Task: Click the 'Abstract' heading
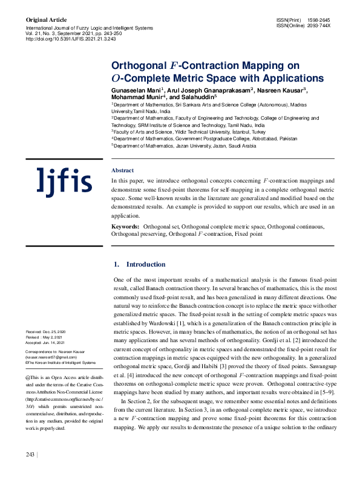click(x=123, y=170)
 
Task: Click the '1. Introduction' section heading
click(x=139, y=264)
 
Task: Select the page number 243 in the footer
click(x=30, y=471)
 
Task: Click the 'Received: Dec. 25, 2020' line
click(x=47, y=332)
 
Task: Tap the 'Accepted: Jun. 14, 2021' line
click(x=47, y=342)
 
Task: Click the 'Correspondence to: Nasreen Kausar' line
click(x=54, y=351)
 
